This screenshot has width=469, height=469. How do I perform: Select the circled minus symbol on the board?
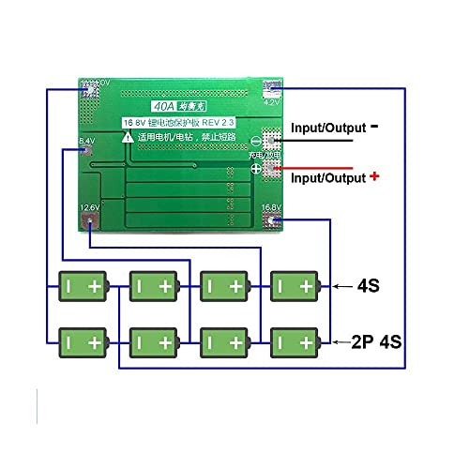(x=256, y=141)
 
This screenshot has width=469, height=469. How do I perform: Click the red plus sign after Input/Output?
(x=375, y=175)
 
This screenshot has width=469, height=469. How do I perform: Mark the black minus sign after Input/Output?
(x=375, y=123)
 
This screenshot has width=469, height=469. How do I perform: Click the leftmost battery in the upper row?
(x=82, y=284)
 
